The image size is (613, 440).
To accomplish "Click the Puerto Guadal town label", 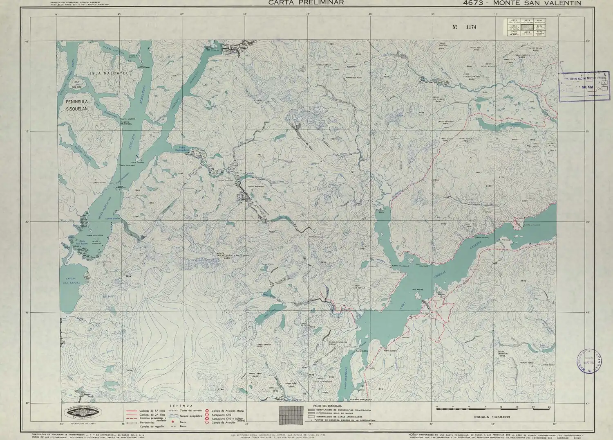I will coord(391,350).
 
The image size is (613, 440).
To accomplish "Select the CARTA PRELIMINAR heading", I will coord(306,3).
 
